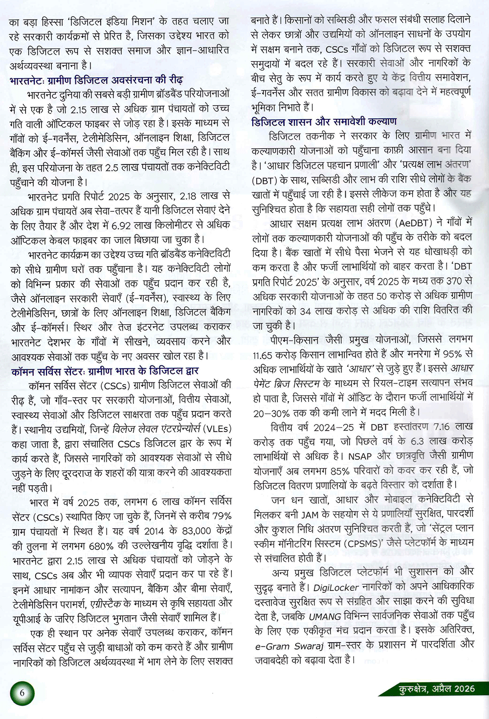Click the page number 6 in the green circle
[x=22, y=693]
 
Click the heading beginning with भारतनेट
[x=96, y=80]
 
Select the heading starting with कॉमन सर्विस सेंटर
[x=105, y=371]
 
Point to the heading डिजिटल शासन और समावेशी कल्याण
[x=324, y=121]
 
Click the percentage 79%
[x=222, y=516]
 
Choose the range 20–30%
[x=271, y=413]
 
